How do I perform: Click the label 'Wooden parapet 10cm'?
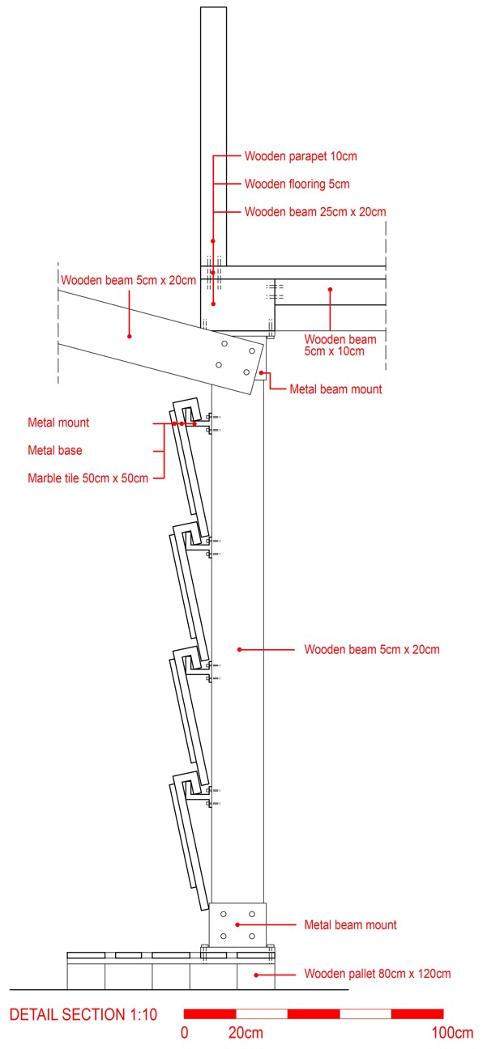pyautogui.click(x=300, y=155)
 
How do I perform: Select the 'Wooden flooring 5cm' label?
pyautogui.click(x=297, y=184)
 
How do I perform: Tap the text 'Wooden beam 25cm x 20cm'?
pyautogui.click(x=314, y=212)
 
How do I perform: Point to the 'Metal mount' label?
pyautogui.click(x=58, y=423)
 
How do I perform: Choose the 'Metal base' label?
pyautogui.click(x=55, y=450)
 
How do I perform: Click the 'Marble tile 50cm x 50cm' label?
pyautogui.click(x=88, y=478)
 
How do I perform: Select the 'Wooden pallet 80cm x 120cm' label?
pyautogui.click(x=377, y=974)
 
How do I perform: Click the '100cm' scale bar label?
pyautogui.click(x=452, y=1033)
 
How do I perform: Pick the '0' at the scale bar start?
pyautogui.click(x=185, y=1033)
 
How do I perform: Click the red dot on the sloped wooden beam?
pyautogui.click(x=129, y=334)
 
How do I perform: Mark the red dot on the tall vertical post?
pyautogui.click(x=239, y=649)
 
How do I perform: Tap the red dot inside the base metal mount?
pyautogui.click(x=237, y=924)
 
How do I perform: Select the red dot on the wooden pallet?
pyautogui.click(x=256, y=975)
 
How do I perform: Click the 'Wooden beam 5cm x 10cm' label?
pyautogui.click(x=340, y=345)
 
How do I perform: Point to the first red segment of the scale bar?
pyautogui.click(x=210, y=1013)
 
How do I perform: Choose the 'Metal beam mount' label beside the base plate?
pyautogui.click(x=350, y=924)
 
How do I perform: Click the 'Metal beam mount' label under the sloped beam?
pyautogui.click(x=335, y=389)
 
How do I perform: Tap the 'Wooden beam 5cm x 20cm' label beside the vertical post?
pyautogui.click(x=371, y=649)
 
